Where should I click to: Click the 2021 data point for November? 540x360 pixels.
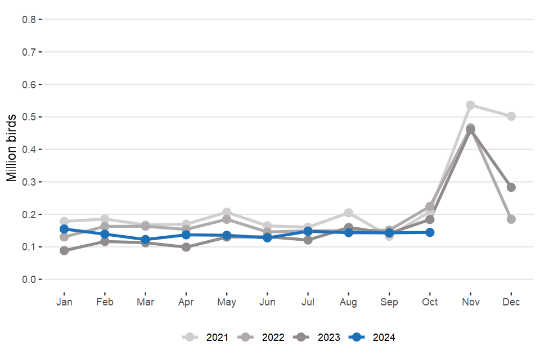pyautogui.click(x=471, y=105)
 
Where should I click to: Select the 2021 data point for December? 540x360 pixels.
pyautogui.click(x=511, y=116)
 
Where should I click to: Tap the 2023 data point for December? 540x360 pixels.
pyautogui.click(x=511, y=187)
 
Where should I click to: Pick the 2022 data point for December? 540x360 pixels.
pyautogui.click(x=511, y=219)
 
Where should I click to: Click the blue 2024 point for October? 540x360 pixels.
pyautogui.click(x=430, y=232)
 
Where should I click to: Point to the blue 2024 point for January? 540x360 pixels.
pyautogui.click(x=64, y=229)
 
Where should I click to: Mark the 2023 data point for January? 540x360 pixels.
pyautogui.click(x=64, y=251)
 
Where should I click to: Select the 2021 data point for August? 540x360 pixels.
pyautogui.click(x=349, y=213)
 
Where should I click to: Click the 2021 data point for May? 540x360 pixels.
pyautogui.click(x=227, y=212)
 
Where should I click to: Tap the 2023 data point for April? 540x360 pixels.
pyautogui.click(x=186, y=247)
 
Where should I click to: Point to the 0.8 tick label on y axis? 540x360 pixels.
pyautogui.click(x=29, y=20)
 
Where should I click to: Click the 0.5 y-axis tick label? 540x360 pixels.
pyautogui.click(x=29, y=117)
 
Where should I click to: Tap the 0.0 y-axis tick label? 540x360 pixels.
pyautogui.click(x=29, y=280)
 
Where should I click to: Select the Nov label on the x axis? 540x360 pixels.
pyautogui.click(x=471, y=302)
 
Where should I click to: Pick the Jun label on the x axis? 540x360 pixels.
pyautogui.click(x=267, y=302)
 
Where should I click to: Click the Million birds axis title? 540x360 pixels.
pyautogui.click(x=12, y=148)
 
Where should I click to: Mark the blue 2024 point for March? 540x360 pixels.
pyautogui.click(x=145, y=240)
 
